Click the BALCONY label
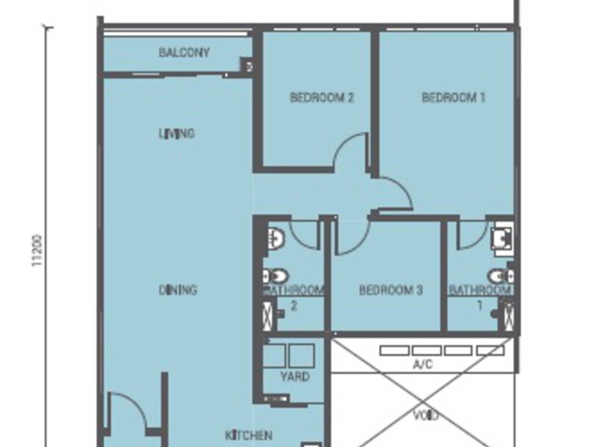184,52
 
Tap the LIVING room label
177,134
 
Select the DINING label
178,291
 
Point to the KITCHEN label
249,435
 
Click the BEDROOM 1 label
454,98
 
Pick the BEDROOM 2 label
322,98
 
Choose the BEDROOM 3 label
390,291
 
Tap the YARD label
295,377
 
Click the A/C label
422,364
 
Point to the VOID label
425,416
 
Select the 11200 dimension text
37,250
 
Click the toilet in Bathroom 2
276,276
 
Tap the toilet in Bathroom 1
501,276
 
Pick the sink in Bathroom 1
502,238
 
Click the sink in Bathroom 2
276,238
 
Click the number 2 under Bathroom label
294,305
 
